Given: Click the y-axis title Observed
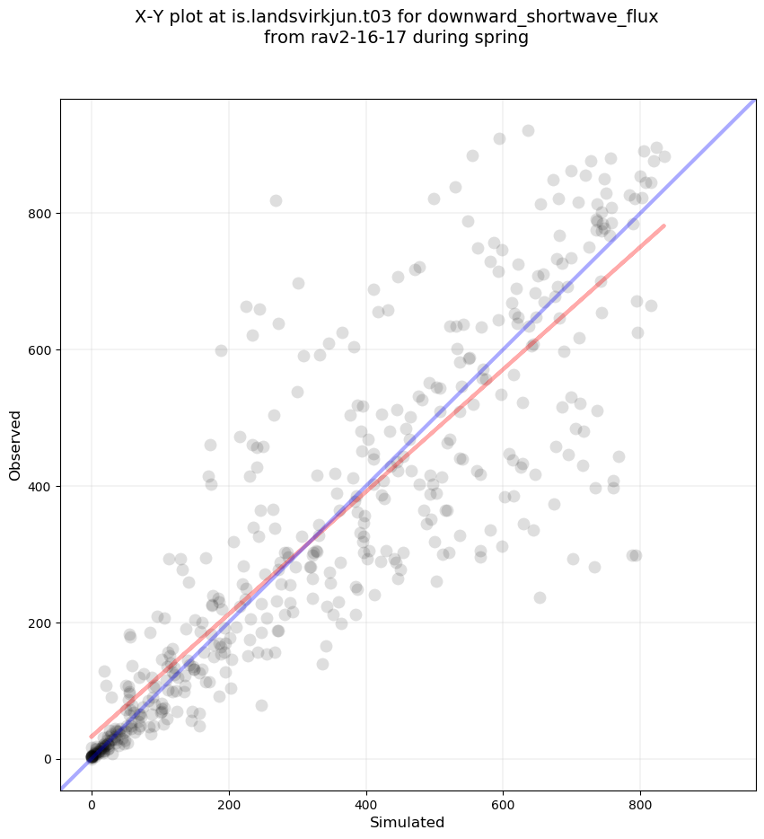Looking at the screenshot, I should [15, 446].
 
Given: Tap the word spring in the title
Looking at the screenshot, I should [503, 38].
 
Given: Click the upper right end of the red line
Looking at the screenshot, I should [664, 225].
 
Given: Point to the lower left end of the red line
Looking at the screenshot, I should [92, 737].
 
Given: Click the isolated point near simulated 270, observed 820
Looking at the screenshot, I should [276, 200].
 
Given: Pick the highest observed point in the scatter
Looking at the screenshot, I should [528, 130].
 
